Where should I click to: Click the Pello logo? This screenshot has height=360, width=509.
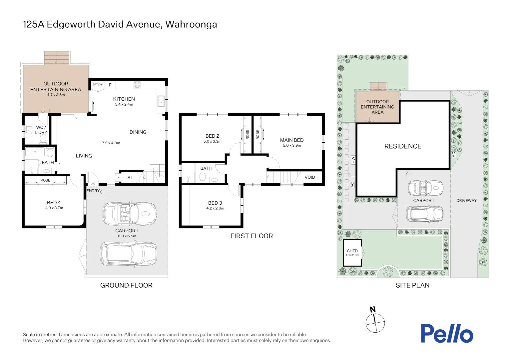tap(446, 334)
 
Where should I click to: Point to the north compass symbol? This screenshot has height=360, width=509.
tap(375, 322)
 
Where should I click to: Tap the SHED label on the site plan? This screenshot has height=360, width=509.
tap(352, 251)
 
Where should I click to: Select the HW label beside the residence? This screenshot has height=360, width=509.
tap(353, 160)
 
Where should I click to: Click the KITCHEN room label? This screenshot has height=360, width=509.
tap(124, 99)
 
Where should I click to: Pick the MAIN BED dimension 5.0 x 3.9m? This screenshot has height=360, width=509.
tap(292, 145)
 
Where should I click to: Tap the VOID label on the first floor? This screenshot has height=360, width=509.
tap(309, 177)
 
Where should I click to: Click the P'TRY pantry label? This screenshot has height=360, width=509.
tap(98, 85)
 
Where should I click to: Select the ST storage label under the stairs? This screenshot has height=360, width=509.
tap(130, 178)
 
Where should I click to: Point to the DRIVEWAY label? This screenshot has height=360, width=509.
tap(466, 201)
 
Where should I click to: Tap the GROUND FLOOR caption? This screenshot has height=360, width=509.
tap(126, 285)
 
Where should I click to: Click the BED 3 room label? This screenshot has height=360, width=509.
tap(215, 203)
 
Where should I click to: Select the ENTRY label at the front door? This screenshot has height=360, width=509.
tap(93, 191)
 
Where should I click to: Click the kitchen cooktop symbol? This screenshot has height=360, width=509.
tap(137, 85)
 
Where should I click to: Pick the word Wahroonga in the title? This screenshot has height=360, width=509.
tap(191, 24)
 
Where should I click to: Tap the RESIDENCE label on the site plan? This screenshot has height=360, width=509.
tap(403, 146)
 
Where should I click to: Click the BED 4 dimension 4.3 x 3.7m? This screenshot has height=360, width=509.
tap(54, 208)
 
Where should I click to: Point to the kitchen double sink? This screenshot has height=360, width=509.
tap(161, 101)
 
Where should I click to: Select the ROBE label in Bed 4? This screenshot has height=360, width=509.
tap(45, 180)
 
